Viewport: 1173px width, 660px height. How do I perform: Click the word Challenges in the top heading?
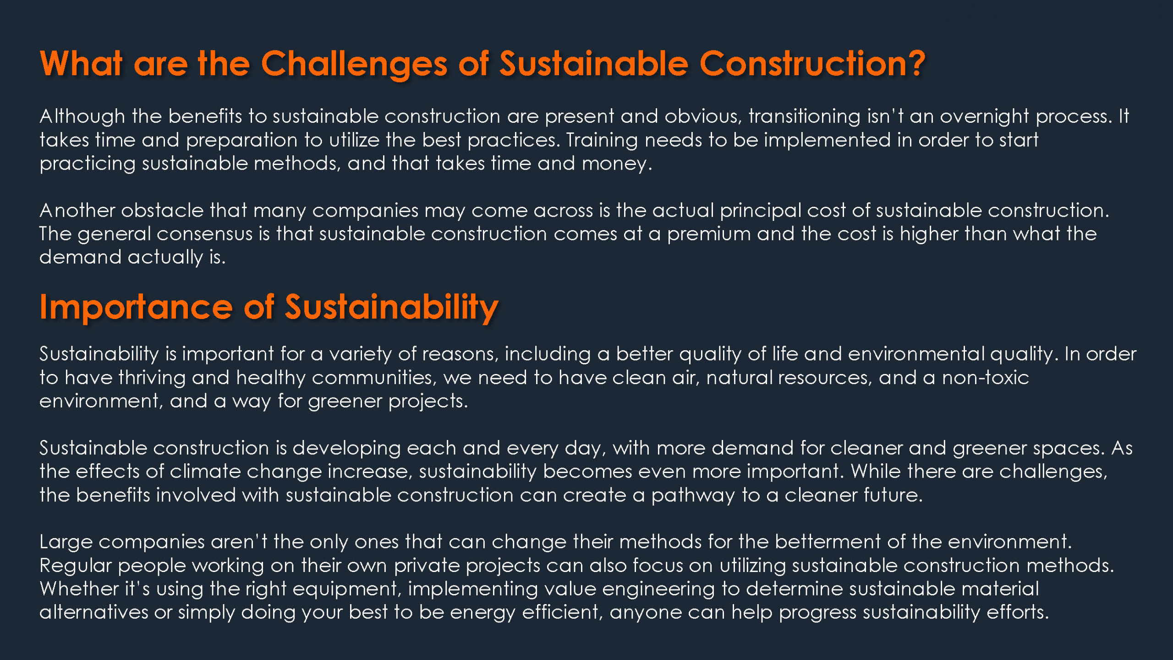tap(354, 65)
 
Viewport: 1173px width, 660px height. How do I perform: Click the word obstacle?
tap(162, 211)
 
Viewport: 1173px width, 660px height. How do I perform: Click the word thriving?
tap(152, 378)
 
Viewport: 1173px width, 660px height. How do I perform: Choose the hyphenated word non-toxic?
tap(985, 378)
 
